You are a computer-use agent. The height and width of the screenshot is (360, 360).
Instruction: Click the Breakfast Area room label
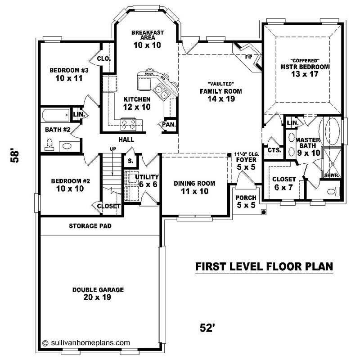147,39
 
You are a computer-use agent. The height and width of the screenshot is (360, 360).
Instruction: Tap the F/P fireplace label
248,58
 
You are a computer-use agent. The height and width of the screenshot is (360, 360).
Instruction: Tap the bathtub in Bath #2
56,116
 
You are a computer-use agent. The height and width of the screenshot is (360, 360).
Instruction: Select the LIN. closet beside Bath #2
77,115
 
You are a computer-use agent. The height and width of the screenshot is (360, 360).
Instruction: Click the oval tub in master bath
333,129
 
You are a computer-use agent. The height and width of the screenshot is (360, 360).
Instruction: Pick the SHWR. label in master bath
331,175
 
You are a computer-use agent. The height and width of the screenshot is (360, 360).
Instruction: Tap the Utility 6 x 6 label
147,180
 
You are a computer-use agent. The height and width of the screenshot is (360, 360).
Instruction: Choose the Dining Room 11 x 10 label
194,187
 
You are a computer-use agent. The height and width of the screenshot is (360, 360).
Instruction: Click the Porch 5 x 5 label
246,202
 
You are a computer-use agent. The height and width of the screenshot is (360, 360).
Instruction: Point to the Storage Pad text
90,226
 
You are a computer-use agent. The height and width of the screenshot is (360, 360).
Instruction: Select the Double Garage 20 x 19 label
97,293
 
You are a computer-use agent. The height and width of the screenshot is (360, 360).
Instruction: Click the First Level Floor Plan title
264,266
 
